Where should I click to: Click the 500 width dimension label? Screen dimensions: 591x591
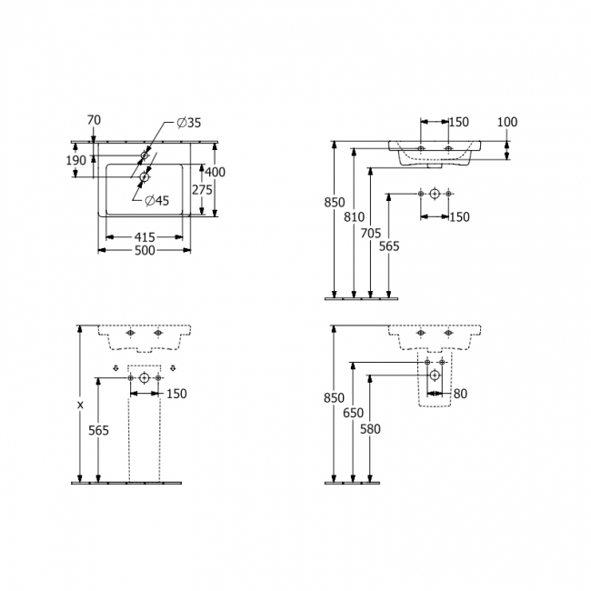pyautogui.click(x=145, y=250)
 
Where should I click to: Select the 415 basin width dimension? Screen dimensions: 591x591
pyautogui.click(x=145, y=237)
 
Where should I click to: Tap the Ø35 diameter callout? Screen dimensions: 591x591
pyautogui.click(x=189, y=123)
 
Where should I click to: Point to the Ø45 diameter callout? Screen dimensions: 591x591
pyautogui.click(x=157, y=201)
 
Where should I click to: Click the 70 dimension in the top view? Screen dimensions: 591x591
pyautogui.click(x=94, y=120)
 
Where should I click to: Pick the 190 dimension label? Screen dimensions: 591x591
pyautogui.click(x=76, y=161)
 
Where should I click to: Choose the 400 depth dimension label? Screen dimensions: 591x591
pyautogui.click(x=215, y=172)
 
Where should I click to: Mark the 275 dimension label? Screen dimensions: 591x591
pyautogui.click(x=203, y=190)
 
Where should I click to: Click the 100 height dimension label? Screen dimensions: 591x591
pyautogui.click(x=507, y=122)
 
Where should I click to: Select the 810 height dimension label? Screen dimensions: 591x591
pyautogui.click(x=355, y=216)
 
